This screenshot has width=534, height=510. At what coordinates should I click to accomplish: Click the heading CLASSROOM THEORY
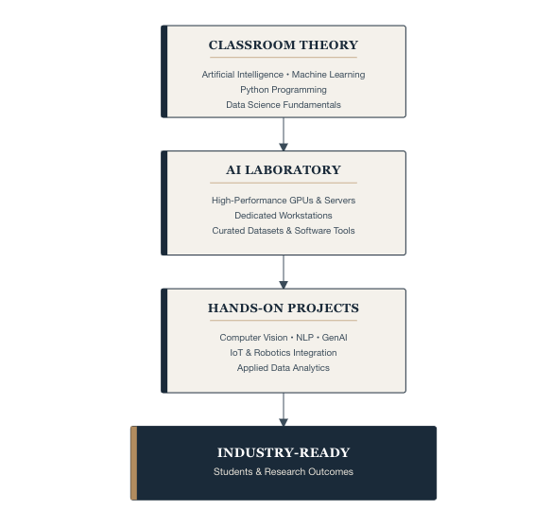click(284, 45)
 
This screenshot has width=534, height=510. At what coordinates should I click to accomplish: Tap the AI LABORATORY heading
click(284, 169)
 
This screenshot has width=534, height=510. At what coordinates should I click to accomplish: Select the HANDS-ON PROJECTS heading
click(284, 308)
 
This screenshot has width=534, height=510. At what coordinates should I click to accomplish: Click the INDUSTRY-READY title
click(284, 452)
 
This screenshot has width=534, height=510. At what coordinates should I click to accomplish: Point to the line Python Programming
click(284, 90)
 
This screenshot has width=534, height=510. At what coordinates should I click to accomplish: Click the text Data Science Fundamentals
click(284, 105)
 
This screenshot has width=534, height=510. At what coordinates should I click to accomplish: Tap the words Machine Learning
click(328, 75)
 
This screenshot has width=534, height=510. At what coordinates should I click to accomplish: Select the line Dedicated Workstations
click(284, 216)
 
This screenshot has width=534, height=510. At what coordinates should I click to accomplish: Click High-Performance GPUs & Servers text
click(284, 201)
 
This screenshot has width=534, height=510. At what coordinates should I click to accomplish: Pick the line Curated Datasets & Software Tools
click(284, 231)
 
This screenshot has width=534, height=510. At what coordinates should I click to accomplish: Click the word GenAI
click(335, 338)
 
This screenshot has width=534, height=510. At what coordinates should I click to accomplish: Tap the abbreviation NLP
click(304, 338)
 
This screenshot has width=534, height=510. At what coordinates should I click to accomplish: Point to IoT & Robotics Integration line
click(284, 353)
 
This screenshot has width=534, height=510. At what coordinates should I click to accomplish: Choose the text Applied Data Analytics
click(284, 368)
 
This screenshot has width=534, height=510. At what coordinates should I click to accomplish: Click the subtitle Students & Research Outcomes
click(284, 471)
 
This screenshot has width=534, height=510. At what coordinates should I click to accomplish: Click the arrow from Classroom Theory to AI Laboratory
click(284, 134)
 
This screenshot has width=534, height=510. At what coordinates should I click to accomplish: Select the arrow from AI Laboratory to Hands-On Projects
click(284, 272)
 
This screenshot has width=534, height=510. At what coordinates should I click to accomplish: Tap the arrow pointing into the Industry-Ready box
click(284, 410)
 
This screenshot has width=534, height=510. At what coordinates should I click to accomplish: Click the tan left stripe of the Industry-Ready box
click(134, 463)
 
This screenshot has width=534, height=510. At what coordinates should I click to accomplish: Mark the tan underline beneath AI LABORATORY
click(284, 183)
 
